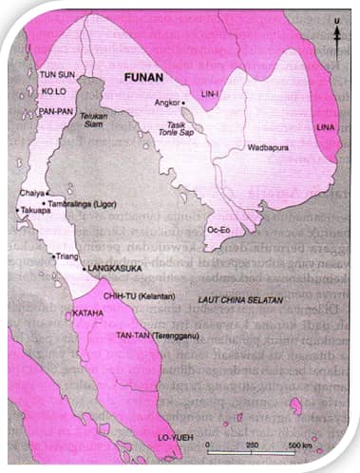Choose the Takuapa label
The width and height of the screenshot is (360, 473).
(x=34, y=210)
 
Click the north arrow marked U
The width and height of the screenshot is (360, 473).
(x=335, y=38)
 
